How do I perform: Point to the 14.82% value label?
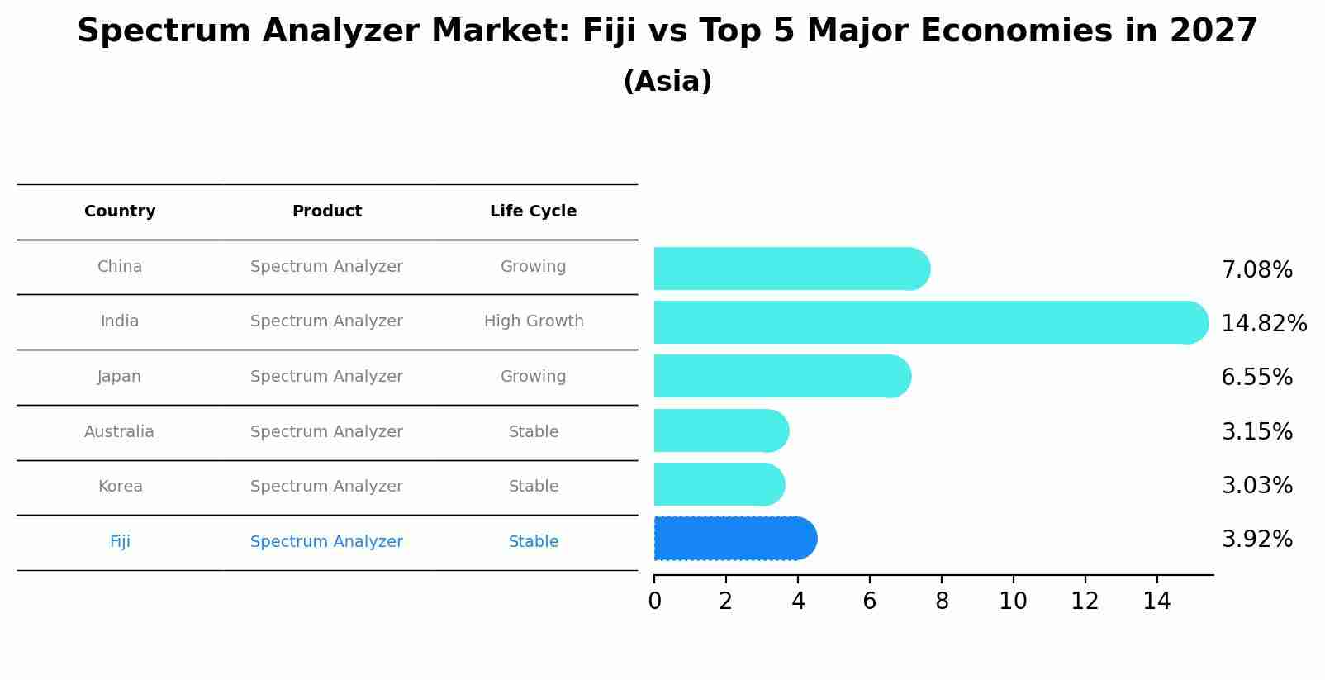1264,324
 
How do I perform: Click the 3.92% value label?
1256,540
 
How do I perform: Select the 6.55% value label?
1256,378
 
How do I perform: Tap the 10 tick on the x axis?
1013,602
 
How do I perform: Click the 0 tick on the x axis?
654,602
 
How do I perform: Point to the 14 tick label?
1156,602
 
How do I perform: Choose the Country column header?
120,212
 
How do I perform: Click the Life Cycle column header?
533,212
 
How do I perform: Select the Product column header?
326,212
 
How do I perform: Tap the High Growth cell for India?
534,321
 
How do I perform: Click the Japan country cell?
120,377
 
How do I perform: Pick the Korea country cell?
120,487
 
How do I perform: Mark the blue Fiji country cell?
120,542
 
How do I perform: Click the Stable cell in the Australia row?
534,432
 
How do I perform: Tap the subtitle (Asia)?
667,82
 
